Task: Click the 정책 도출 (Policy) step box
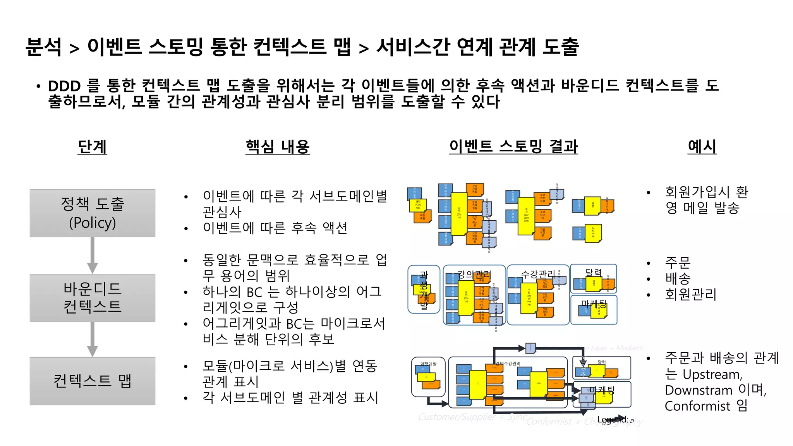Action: (x=92, y=213)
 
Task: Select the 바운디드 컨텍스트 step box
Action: (x=92, y=298)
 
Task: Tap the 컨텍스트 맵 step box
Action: (x=92, y=381)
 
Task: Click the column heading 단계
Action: (x=92, y=147)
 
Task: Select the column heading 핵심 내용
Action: (x=277, y=147)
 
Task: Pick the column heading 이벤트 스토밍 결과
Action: (x=513, y=147)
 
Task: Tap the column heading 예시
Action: (x=702, y=147)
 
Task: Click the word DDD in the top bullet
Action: (x=64, y=86)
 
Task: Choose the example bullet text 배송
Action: (x=678, y=278)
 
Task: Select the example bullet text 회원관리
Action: (x=690, y=294)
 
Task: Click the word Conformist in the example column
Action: (x=697, y=406)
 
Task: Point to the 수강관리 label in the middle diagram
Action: (x=537, y=274)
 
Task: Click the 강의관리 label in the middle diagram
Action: (x=474, y=275)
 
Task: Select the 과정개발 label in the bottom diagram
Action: (x=428, y=364)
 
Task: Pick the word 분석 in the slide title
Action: (x=43, y=47)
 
